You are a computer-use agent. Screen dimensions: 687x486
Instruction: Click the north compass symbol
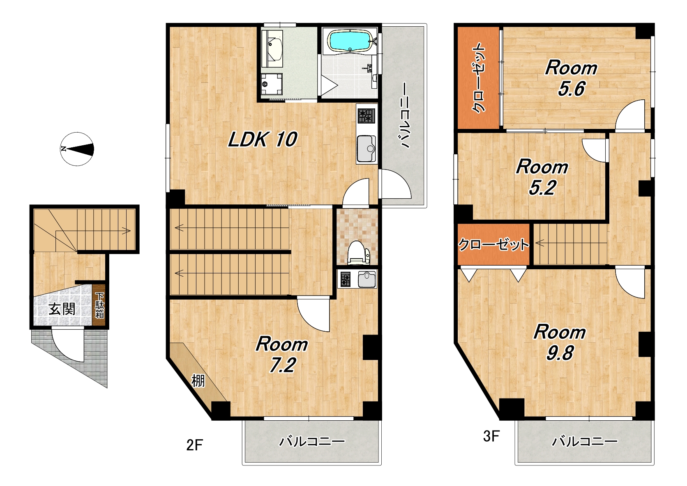coord(77,149)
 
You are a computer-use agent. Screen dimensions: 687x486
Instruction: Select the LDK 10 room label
coord(263,140)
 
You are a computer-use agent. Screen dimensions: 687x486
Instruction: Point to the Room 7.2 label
coord(282,354)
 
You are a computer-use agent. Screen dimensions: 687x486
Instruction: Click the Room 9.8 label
coord(560,342)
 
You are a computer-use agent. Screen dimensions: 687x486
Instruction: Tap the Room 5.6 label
coord(571,78)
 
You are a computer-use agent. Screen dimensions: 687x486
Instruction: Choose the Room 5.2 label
coord(542,177)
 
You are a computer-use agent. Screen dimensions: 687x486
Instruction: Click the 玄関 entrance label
coord(62,309)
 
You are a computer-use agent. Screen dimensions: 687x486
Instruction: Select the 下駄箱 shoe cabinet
coord(99,305)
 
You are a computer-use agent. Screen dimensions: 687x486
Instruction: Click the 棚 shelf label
coord(198,381)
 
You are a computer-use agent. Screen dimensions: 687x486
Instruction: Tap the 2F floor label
coord(195,445)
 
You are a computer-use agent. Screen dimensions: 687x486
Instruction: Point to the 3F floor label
coord(491,436)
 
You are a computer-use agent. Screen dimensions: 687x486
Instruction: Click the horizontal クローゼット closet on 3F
coord(493,245)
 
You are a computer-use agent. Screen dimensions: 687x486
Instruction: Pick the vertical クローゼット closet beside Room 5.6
coord(478,78)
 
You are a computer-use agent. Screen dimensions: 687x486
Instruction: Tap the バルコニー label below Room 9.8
coord(585,441)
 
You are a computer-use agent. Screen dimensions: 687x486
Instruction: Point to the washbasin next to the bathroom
coord(272,48)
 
